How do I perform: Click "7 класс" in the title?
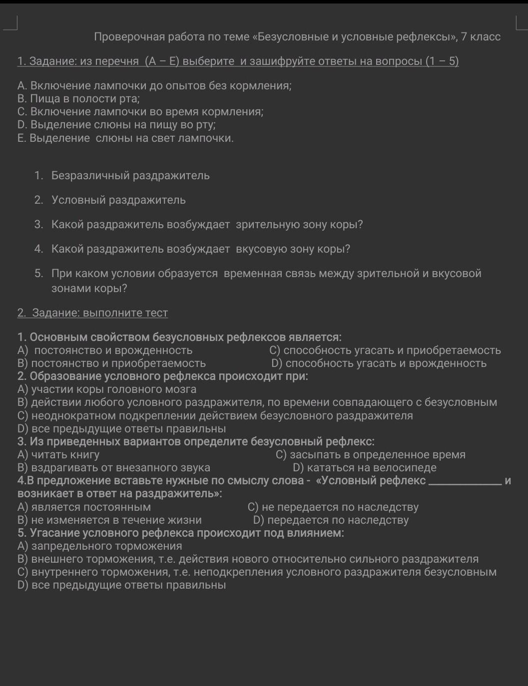pos(481,36)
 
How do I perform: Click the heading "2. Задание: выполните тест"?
pos(92,313)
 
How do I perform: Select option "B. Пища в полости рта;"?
pos(78,99)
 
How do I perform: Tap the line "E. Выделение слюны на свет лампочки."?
pos(125,138)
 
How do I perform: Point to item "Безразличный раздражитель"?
pos(130,176)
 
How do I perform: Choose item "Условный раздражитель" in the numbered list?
pos(118,200)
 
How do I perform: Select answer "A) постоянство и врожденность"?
pos(105,350)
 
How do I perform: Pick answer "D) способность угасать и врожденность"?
pos(379,363)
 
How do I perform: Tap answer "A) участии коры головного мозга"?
pos(107,389)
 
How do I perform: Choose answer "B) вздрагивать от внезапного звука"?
pos(114,468)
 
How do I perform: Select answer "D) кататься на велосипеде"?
pos(365,468)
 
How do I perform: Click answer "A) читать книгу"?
pos(58,455)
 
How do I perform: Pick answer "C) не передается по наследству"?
pos(333,507)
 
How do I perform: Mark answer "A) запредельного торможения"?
pos(100,546)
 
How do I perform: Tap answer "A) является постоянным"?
pos(84,507)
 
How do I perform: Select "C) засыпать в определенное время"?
pos(371,455)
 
